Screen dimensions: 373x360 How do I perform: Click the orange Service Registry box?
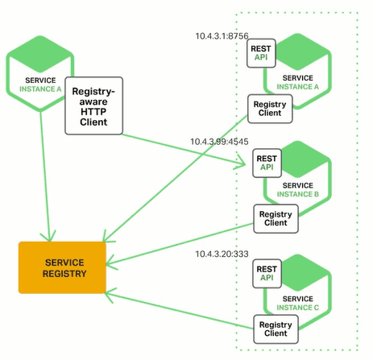(x=62, y=267)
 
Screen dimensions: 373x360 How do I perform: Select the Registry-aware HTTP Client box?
(x=93, y=106)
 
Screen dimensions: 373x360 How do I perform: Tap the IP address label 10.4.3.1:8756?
(x=222, y=36)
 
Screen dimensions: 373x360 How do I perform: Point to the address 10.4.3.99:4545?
(x=219, y=142)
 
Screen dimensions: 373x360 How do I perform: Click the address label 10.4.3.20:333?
(x=222, y=254)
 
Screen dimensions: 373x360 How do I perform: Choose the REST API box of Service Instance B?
(x=267, y=163)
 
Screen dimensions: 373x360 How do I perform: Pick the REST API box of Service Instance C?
(x=267, y=273)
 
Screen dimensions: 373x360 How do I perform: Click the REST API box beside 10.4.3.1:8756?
(x=261, y=53)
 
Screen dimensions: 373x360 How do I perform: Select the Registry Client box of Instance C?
(x=276, y=329)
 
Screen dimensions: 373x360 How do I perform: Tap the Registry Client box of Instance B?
(x=276, y=218)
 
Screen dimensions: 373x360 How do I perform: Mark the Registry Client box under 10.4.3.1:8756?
(x=270, y=109)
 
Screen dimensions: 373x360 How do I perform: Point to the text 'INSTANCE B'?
(x=298, y=194)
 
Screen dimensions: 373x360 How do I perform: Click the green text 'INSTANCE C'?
(x=298, y=308)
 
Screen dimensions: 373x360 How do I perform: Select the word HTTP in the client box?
(x=93, y=111)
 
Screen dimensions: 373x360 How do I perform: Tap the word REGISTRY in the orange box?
(x=64, y=274)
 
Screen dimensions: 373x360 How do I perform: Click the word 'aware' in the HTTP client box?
(x=93, y=101)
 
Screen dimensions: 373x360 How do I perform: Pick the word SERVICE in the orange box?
(x=64, y=263)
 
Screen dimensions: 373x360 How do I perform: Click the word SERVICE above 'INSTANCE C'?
(x=298, y=299)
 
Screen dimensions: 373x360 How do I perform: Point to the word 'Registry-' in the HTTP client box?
(x=93, y=92)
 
